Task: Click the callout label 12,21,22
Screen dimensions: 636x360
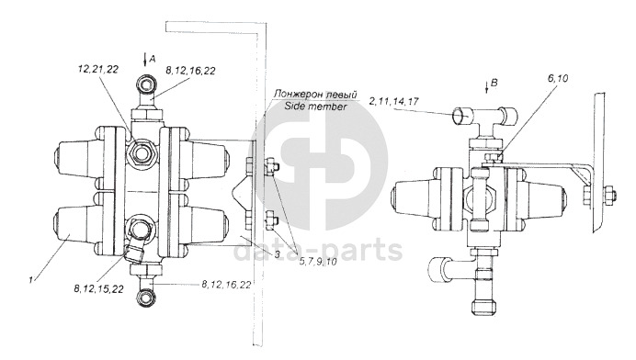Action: pyautogui.click(x=97, y=69)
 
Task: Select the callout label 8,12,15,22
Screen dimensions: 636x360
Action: pyautogui.click(x=98, y=288)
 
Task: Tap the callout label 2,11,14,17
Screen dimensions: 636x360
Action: pyautogui.click(x=394, y=100)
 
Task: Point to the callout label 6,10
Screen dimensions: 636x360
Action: pyautogui.click(x=558, y=78)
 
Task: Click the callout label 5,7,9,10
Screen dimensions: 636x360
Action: pyautogui.click(x=318, y=262)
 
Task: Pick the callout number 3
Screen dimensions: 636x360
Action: pyautogui.click(x=277, y=254)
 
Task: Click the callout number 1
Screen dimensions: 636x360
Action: pyautogui.click(x=30, y=280)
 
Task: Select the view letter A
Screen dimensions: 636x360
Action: pyautogui.click(x=152, y=59)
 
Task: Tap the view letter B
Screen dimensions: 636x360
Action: pyautogui.click(x=494, y=83)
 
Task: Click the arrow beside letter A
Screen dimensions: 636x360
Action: pyautogui.click(x=145, y=60)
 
